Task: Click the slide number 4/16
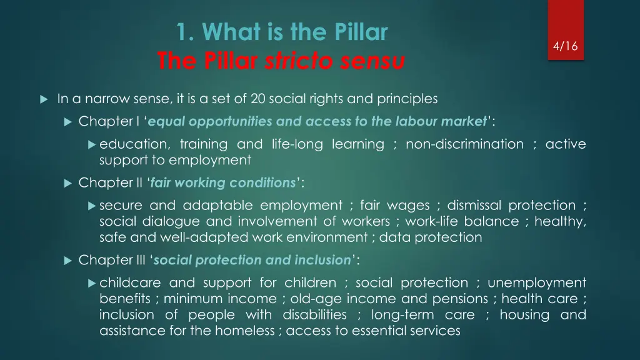pyautogui.click(x=566, y=46)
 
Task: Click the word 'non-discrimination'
pyautogui.click(x=464, y=144)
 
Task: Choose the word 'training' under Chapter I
pyautogui.click(x=203, y=144)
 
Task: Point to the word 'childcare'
pyautogui.click(x=129, y=283)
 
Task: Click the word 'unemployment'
pyautogui.click(x=537, y=283)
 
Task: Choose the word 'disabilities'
pyautogui.click(x=314, y=314)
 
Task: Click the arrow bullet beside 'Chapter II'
pyautogui.click(x=69, y=183)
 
